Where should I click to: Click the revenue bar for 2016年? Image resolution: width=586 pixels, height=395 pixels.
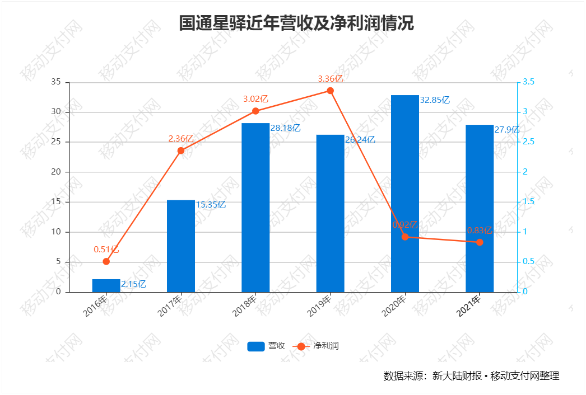tap(106, 285)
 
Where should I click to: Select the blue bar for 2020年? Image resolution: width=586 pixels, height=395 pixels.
tap(404, 194)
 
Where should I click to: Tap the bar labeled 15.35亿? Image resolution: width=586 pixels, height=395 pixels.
tap(181, 246)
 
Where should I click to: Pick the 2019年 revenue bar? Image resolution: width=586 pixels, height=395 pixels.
tap(330, 213)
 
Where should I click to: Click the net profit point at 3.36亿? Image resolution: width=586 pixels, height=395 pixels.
tap(330, 91)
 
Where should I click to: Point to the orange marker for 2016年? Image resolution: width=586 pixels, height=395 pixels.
tap(106, 261)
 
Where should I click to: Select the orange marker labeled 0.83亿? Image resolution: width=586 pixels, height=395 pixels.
tap(480, 242)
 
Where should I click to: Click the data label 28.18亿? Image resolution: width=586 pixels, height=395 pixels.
tap(286, 128)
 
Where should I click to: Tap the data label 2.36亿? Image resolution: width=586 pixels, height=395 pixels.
tap(181, 138)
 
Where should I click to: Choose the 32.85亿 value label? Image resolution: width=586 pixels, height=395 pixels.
tap(435, 100)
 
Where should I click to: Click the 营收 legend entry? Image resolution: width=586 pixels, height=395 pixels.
tap(267, 346)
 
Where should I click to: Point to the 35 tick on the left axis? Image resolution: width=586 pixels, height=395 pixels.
tap(56, 82)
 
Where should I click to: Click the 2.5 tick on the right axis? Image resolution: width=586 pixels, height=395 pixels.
tap(528, 142)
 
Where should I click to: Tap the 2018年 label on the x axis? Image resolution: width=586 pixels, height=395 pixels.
tap(245, 306)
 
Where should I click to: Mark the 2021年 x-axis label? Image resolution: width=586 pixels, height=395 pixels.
tap(469, 306)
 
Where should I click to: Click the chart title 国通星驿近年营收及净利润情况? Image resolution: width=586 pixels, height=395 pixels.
tap(296, 23)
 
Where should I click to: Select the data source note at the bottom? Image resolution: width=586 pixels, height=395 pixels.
tap(471, 375)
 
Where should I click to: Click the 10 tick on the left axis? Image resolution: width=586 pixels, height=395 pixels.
tap(56, 232)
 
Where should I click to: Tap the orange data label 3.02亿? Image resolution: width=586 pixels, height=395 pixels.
tap(255, 99)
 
